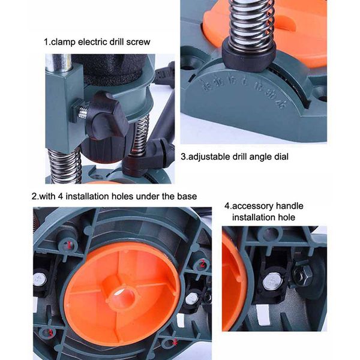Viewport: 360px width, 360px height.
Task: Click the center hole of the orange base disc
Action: pyautogui.click(x=124, y=295)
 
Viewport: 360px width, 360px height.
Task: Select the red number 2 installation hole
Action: pyautogui.click(x=203, y=265)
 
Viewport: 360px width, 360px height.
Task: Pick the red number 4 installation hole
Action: pyautogui.click(x=174, y=343)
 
